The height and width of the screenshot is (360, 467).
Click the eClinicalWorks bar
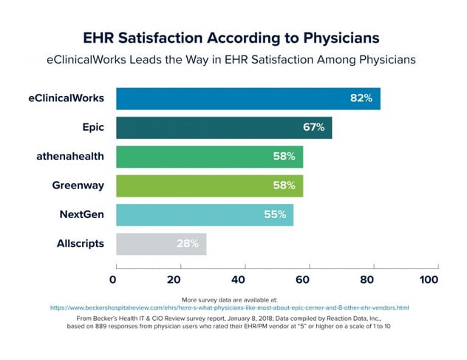[248, 98]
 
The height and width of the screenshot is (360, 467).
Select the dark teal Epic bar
[224, 127]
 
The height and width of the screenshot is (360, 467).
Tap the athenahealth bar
[209, 156]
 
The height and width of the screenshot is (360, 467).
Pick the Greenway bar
[209, 185]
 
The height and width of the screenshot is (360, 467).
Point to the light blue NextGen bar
[205, 214]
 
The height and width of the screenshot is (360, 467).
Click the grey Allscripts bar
[161, 243]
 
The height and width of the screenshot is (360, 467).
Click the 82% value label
[361, 98]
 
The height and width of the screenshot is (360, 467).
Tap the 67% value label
[313, 127]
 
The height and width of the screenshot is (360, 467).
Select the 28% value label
[187, 243]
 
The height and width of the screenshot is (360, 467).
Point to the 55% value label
[275, 214]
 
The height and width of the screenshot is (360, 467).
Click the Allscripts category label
[81, 243]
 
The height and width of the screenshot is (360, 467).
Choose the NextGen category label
[81, 214]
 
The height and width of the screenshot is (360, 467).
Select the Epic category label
[92, 127]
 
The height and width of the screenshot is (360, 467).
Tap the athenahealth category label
[70, 156]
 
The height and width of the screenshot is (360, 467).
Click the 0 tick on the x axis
[113, 280]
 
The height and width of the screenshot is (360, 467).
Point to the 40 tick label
[239, 280]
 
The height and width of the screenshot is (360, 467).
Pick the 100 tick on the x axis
[429, 280]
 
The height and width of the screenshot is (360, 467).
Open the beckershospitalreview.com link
[230, 307]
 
